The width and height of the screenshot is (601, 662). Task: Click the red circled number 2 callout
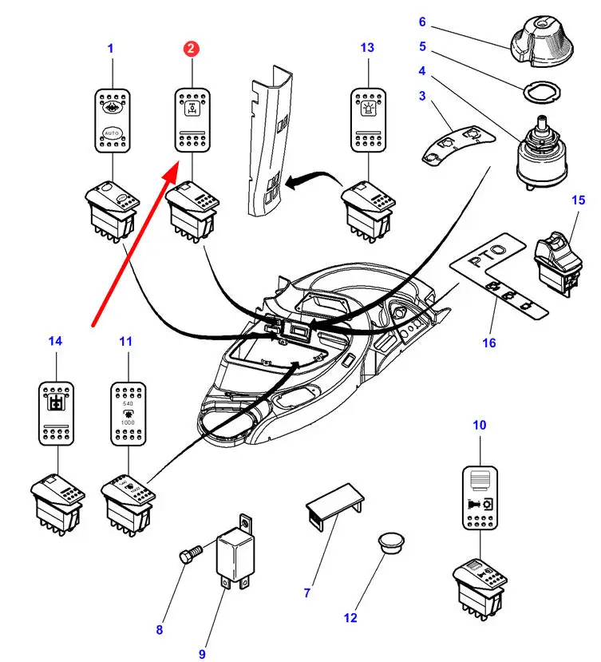(191, 49)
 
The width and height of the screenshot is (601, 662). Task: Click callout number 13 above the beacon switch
(366, 48)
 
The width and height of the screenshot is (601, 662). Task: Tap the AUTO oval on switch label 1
(112, 133)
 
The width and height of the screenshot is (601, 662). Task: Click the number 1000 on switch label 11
(128, 421)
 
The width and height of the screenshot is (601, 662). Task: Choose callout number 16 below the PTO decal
(488, 343)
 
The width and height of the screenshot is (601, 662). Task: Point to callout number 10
(479, 426)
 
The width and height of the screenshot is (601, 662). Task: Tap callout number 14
(55, 341)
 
